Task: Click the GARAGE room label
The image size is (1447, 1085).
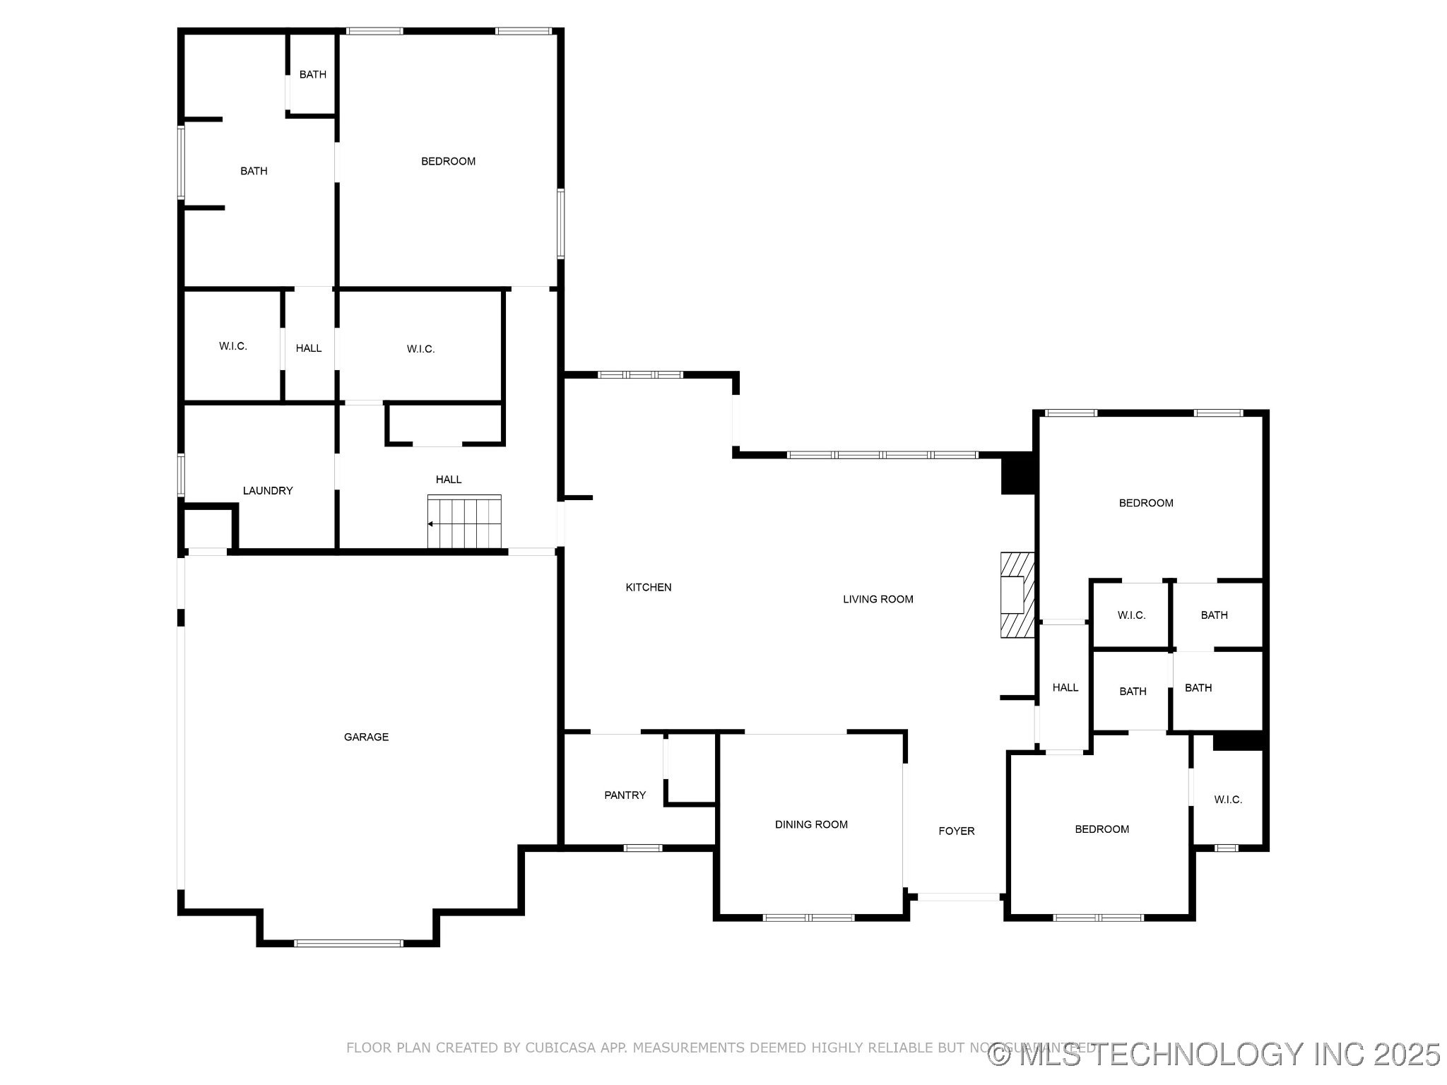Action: coord(366,737)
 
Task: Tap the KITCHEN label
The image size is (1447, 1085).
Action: coord(649,587)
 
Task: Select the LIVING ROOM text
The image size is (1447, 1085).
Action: coord(878,599)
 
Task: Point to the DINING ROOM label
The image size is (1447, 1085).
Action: coord(811,824)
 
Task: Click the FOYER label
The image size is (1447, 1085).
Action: coord(956,831)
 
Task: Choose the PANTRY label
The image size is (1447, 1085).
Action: coord(625,795)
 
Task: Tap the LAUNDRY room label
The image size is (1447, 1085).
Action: coord(267,490)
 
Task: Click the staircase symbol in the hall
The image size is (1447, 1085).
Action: coord(464,522)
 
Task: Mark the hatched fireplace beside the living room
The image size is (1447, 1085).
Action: coord(1017,595)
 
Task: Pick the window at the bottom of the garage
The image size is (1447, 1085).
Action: coord(348,943)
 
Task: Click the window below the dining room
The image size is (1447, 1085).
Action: coord(809,918)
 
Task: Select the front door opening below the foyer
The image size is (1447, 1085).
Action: coord(958,897)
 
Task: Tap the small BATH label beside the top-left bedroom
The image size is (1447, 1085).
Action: coord(312,74)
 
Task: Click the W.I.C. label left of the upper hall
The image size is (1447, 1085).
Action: coord(232,346)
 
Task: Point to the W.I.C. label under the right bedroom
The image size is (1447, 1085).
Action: coord(1131,615)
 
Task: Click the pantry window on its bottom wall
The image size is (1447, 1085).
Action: coord(642,848)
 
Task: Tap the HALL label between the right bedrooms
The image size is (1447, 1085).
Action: coord(1065,687)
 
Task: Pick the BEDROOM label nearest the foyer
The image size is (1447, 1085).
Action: coord(1102,829)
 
